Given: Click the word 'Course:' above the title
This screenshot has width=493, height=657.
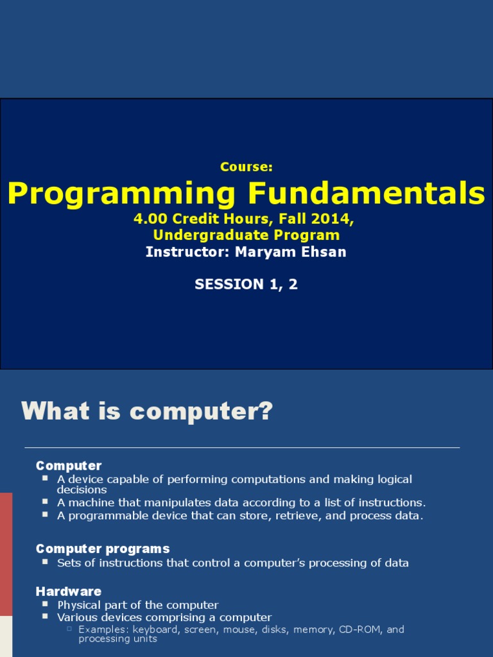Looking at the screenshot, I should pyautogui.click(x=246, y=167).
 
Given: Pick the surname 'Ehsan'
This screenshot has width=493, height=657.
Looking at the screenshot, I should pyautogui.click(x=325, y=252).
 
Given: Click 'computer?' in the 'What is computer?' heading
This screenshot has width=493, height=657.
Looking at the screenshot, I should pyautogui.click(x=202, y=411).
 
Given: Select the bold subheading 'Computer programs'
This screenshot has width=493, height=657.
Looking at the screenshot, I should pyautogui.click(x=103, y=549).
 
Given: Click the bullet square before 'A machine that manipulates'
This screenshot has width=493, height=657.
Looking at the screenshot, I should pyautogui.click(x=45, y=502).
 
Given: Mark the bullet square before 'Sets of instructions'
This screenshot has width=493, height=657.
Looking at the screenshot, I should pyautogui.click(x=45, y=562).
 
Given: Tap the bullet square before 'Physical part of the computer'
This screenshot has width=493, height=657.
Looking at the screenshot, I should pyautogui.click(x=45, y=604).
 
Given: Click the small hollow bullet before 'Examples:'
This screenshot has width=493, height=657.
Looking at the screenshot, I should pyautogui.click(x=69, y=629).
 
